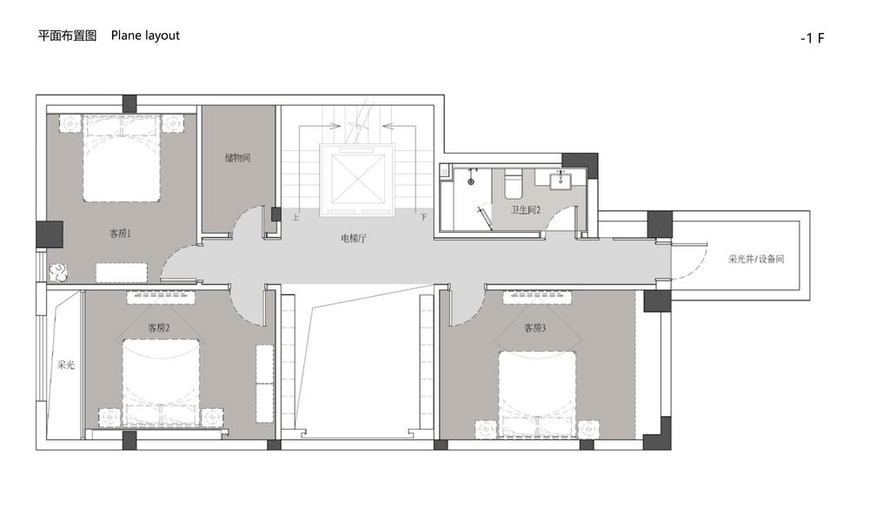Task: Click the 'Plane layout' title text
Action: tap(145, 36)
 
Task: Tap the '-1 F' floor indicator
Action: tap(813, 38)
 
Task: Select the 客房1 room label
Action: tap(120, 234)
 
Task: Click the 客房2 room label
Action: tap(159, 327)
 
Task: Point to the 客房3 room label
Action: tap(535, 327)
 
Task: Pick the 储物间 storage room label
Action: tap(237, 158)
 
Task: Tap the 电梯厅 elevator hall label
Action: tap(354, 239)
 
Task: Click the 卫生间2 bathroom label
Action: tap(525, 210)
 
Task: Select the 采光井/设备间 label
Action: tap(756, 259)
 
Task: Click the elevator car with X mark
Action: tap(357, 180)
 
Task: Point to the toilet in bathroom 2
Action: tap(513, 186)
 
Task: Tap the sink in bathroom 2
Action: tap(560, 180)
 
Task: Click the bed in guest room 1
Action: tap(122, 158)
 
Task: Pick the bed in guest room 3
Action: tap(537, 393)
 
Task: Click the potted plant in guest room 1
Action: tap(58, 272)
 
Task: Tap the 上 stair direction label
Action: tap(295, 217)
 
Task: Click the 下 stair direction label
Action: tap(423, 217)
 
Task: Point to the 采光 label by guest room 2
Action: tap(65, 365)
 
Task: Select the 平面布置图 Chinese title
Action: tap(67, 36)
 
